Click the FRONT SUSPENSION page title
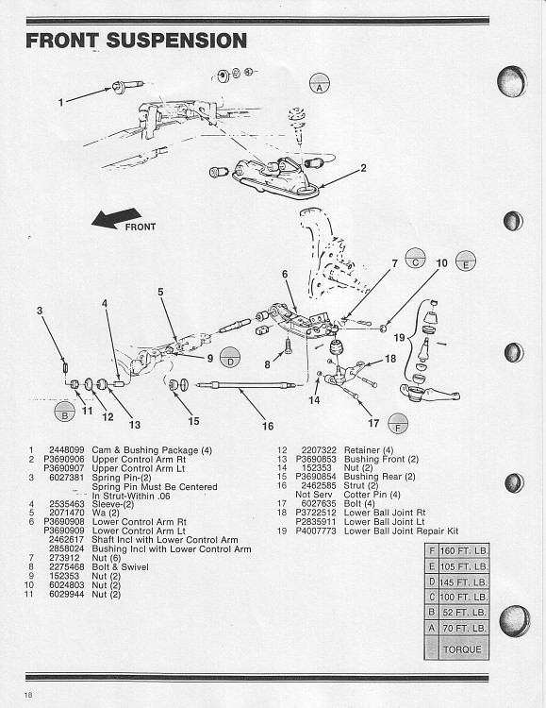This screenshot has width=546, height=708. tap(136, 41)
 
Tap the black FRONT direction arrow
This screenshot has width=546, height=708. tap(114, 219)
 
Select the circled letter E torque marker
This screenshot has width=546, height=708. tap(465, 262)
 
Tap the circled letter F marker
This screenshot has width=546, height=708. tap(398, 424)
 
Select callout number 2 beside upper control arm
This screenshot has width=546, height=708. tap(363, 169)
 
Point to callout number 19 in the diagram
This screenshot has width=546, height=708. tap(398, 337)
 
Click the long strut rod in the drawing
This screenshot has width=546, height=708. tap(245, 384)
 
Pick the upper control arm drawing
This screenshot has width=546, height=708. tap(273, 177)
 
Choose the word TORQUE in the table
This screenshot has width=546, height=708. tap(463, 649)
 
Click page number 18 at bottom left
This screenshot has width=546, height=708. tap(30, 695)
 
